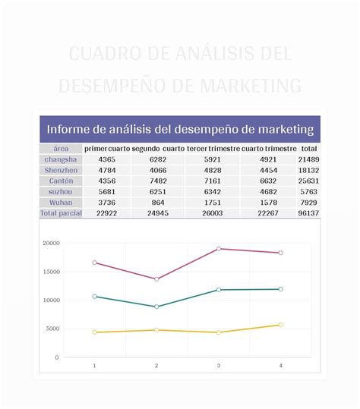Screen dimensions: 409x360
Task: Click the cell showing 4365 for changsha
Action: pyautogui.click(x=107, y=160)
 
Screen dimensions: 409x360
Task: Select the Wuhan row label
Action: pyautogui.click(x=61, y=203)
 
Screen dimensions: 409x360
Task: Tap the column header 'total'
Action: pyautogui.click(x=308, y=149)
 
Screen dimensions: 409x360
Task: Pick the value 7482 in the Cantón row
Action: pyautogui.click(x=158, y=181)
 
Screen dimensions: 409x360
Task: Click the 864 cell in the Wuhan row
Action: pyautogui.click(x=158, y=203)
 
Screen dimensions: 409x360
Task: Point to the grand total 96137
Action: pyautogui.click(x=308, y=214)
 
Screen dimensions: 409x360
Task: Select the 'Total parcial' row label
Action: pyautogui.click(x=61, y=214)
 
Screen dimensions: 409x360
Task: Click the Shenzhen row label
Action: pyautogui.click(x=61, y=171)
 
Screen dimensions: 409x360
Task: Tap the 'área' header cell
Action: pyautogui.click(x=61, y=149)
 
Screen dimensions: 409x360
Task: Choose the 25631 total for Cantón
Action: pyautogui.click(x=308, y=181)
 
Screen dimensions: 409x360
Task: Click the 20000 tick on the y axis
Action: pyautogui.click(x=51, y=244)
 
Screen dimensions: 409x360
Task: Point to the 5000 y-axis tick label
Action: pyautogui.click(x=52, y=329)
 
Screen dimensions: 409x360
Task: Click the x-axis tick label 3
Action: pyautogui.click(x=219, y=366)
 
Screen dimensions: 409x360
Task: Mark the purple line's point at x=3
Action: pyautogui.click(x=219, y=249)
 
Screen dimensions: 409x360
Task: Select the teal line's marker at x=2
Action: pyautogui.click(x=156, y=307)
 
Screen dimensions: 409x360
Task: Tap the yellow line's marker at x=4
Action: pyautogui.click(x=280, y=325)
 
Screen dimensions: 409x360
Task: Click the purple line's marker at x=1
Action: pyautogui.click(x=94, y=263)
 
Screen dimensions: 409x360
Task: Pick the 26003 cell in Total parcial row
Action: pyautogui.click(x=213, y=214)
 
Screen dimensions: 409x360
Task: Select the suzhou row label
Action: pyautogui.click(x=61, y=193)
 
